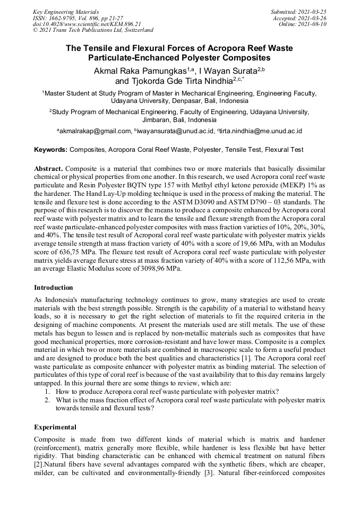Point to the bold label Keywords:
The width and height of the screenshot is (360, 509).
[51, 150]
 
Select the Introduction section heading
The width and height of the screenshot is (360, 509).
[54, 288]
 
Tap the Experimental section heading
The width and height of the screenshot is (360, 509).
[55, 427]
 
